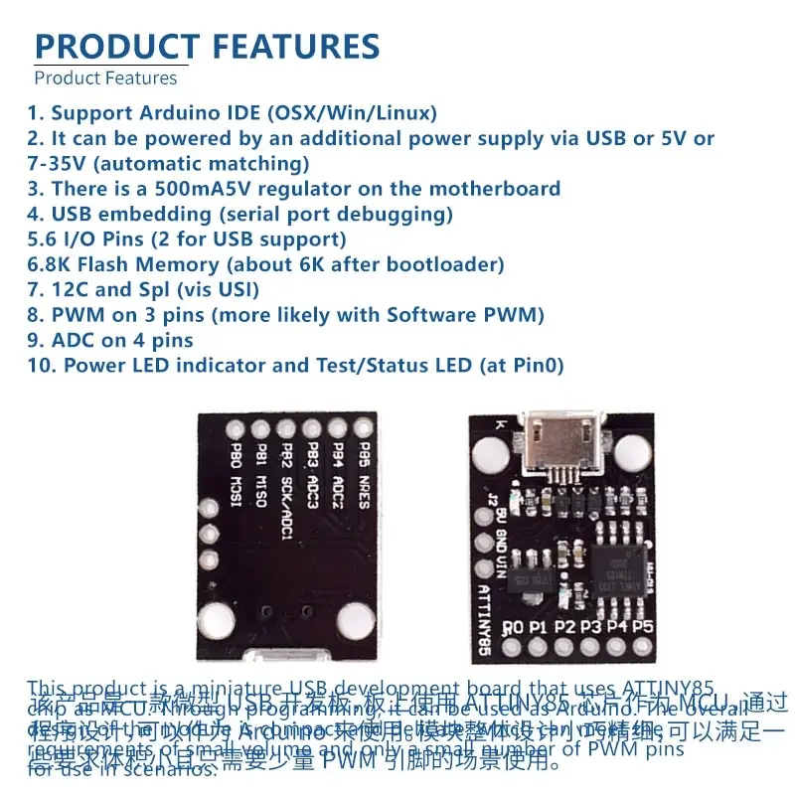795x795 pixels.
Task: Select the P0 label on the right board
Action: [x=514, y=628]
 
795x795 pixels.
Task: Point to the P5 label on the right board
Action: [x=642, y=628]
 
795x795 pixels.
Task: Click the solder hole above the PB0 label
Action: [x=236, y=430]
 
